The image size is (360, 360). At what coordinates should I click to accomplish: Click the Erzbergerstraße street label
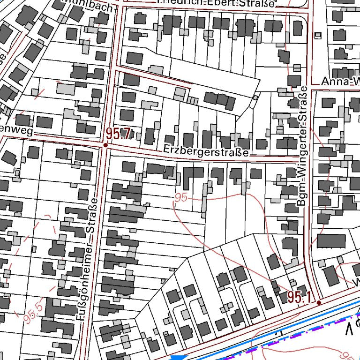[206, 151]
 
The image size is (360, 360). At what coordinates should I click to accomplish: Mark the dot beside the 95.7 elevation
[105, 145]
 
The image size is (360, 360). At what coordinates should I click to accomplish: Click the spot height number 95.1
[300, 297]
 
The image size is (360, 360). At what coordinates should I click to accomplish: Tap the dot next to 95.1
[319, 303]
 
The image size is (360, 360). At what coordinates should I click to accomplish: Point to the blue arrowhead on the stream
[177, 358]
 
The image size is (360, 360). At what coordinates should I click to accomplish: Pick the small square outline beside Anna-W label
[318, 36]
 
